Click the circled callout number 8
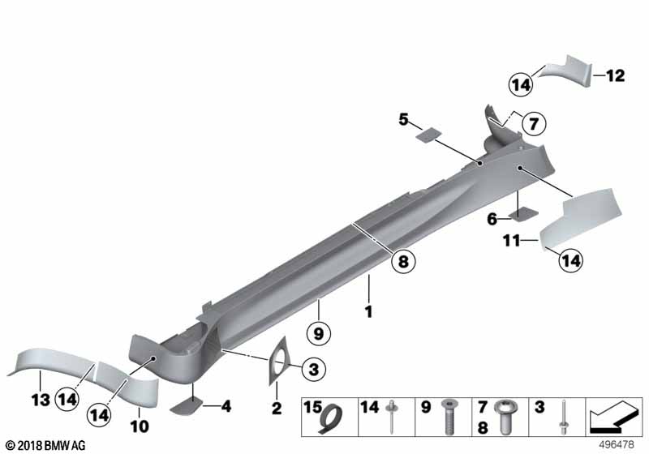click(x=403, y=261)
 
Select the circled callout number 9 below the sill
click(x=318, y=333)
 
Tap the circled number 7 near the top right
click(x=534, y=123)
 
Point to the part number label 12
click(x=616, y=75)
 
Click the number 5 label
click(x=403, y=120)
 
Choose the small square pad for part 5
click(x=428, y=135)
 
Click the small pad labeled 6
click(x=523, y=213)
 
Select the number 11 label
click(x=512, y=240)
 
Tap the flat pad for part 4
click(x=186, y=406)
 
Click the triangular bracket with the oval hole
click(x=277, y=362)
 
